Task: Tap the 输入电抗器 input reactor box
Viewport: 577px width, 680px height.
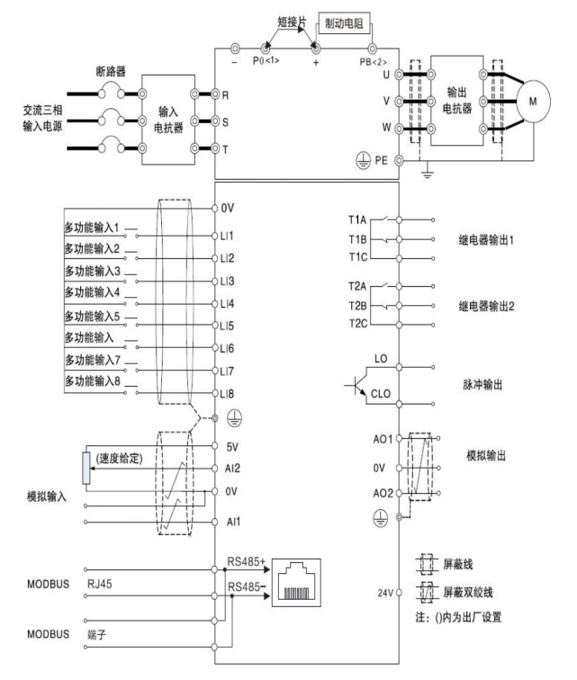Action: coord(169,120)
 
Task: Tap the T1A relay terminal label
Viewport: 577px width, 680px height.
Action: coord(356,219)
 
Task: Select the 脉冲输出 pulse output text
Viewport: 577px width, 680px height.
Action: coord(482,383)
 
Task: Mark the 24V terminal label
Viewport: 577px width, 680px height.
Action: coord(382,593)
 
